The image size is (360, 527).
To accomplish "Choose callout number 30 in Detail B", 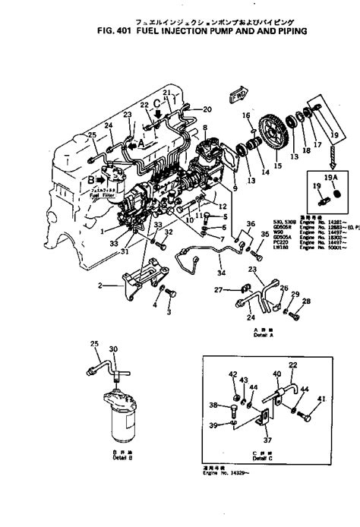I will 114,349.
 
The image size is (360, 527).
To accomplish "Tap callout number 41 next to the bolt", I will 321,399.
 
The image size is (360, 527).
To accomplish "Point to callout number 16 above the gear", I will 245,115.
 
